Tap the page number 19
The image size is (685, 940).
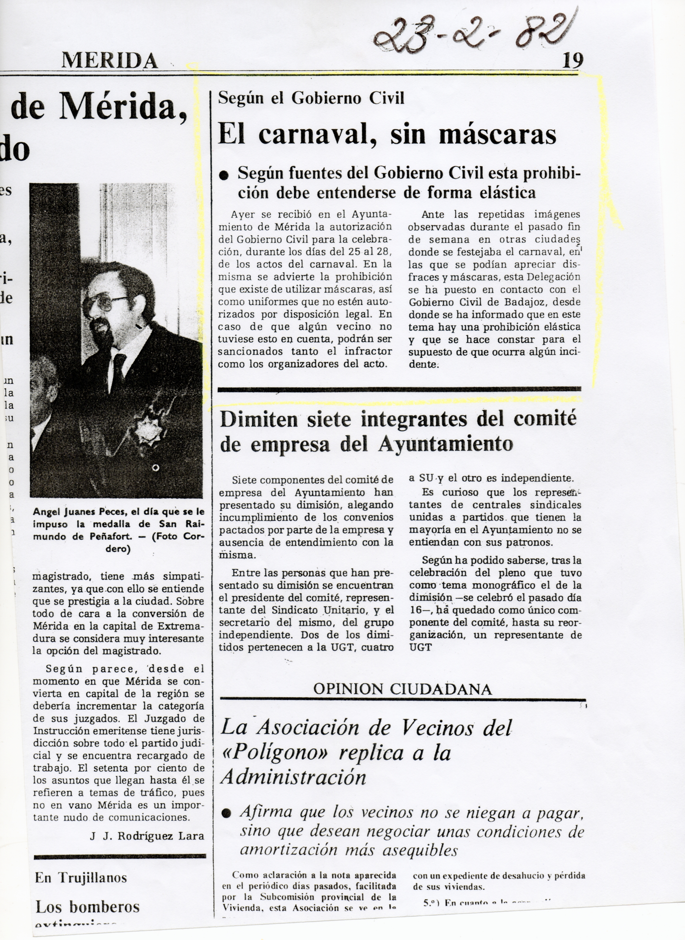click(573, 61)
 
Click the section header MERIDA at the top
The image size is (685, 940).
click(110, 61)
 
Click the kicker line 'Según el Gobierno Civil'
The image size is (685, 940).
click(311, 98)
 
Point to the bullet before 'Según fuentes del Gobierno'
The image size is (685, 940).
click(224, 176)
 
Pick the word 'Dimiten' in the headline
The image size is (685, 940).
click(259, 420)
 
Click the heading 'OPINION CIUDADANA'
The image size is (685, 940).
click(402, 689)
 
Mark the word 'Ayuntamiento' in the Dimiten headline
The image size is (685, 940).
click(446, 444)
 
